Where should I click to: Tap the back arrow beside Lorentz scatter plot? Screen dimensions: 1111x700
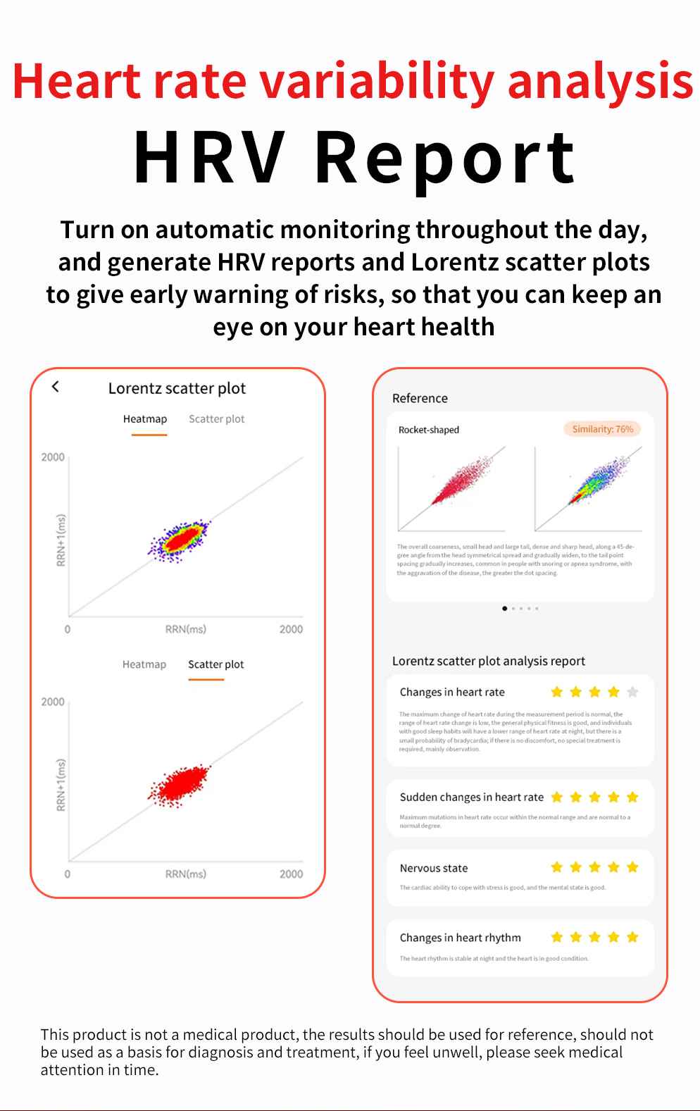(x=56, y=386)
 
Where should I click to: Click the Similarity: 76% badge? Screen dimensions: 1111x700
(x=602, y=429)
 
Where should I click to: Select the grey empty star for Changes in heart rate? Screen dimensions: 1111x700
(x=632, y=692)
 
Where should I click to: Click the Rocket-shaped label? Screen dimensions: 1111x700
(x=428, y=430)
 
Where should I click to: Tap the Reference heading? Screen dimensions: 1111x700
(x=420, y=398)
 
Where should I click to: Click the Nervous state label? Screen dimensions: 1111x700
(x=433, y=868)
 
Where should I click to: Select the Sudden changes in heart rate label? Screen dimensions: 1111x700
(x=471, y=797)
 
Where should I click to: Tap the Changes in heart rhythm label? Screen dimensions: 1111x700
(x=460, y=938)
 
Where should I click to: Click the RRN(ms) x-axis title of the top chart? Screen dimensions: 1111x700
(x=185, y=629)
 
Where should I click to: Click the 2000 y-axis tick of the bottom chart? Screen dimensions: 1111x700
(x=53, y=702)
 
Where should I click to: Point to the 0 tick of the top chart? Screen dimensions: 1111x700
(x=68, y=629)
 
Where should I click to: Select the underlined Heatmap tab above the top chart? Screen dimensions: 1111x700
(x=145, y=419)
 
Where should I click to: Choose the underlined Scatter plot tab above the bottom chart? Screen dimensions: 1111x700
(x=215, y=664)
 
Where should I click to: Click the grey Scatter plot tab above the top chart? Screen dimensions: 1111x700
(x=216, y=419)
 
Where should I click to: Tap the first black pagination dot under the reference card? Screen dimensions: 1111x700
(x=504, y=608)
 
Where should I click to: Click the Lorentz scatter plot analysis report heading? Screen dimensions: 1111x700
(x=488, y=661)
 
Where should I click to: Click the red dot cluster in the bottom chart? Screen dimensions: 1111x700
(x=180, y=783)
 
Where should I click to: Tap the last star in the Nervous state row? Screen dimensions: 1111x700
(x=632, y=867)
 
